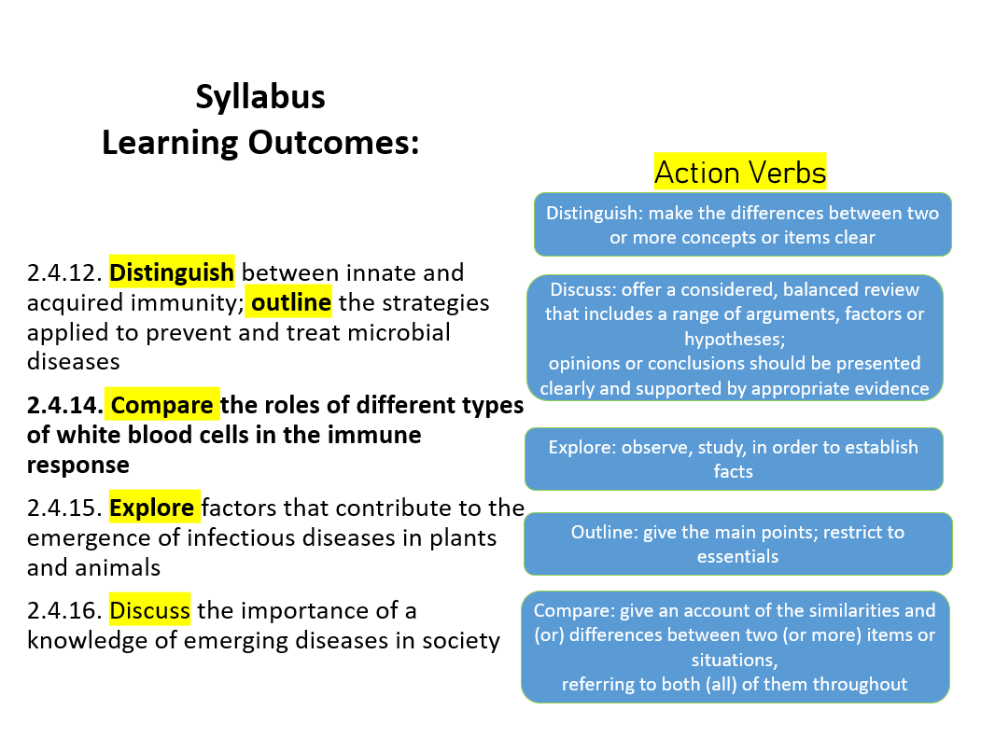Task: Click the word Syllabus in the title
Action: tap(260, 97)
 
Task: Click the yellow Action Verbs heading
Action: tap(740, 173)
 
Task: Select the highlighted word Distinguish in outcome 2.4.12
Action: tap(172, 273)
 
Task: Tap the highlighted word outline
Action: tap(291, 303)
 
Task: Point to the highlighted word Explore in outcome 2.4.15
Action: tap(152, 508)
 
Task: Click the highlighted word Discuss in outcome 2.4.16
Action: tap(150, 611)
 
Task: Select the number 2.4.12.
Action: tap(63, 273)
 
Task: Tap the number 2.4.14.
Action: tap(64, 406)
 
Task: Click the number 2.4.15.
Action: tap(63, 508)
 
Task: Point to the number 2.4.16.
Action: tap(63, 611)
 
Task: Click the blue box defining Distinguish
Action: tap(742, 224)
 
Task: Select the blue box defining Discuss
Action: tap(734, 338)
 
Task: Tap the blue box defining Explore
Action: tap(733, 459)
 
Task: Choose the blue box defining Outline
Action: tap(737, 544)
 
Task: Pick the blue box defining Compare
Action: tap(735, 647)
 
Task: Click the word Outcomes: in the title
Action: tap(335, 143)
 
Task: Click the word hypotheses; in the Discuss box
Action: tap(733, 338)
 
